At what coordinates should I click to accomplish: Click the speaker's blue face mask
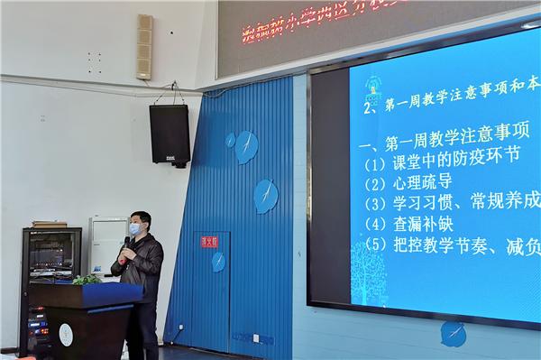134,229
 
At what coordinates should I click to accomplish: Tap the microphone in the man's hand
126,245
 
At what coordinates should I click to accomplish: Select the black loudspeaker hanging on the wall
170,134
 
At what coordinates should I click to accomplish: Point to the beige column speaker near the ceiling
144,47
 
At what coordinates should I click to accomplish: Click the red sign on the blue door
209,241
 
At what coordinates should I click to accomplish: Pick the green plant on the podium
87,280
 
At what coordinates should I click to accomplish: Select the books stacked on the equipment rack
50,223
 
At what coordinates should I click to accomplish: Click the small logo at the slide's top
370,86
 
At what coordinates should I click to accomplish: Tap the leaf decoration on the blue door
218,262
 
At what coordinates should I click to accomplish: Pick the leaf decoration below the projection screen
453,333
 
